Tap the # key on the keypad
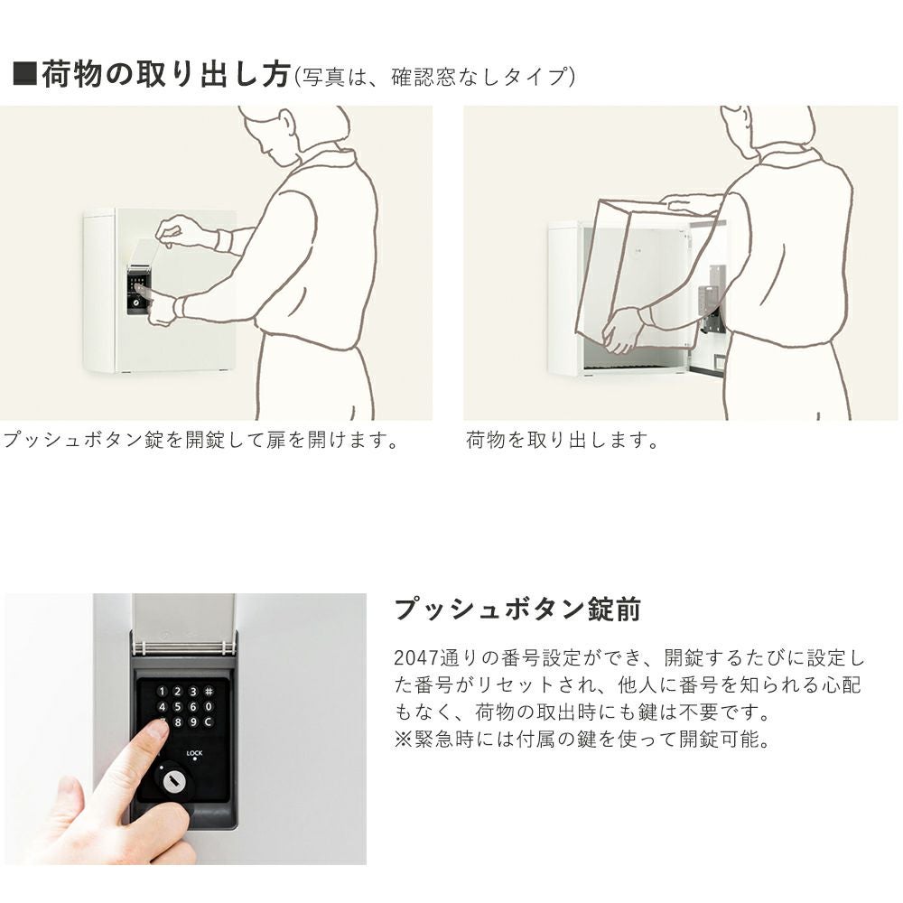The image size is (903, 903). coord(209,691)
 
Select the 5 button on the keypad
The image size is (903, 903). coord(177,707)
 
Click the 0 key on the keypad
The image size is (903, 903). coord(209,707)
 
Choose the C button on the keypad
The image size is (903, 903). coord(209,721)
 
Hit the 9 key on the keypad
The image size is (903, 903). coord(193,721)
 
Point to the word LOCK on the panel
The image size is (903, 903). coord(195,753)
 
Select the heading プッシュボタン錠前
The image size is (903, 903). coord(517,610)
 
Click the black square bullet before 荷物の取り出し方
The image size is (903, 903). coord(24,73)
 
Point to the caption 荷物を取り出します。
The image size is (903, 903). coord(562,440)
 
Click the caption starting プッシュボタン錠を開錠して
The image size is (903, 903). coord(200,440)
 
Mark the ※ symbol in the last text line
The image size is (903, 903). coord(403,739)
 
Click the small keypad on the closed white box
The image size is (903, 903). coord(137,290)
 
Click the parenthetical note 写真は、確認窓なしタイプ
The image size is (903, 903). coord(435,77)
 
